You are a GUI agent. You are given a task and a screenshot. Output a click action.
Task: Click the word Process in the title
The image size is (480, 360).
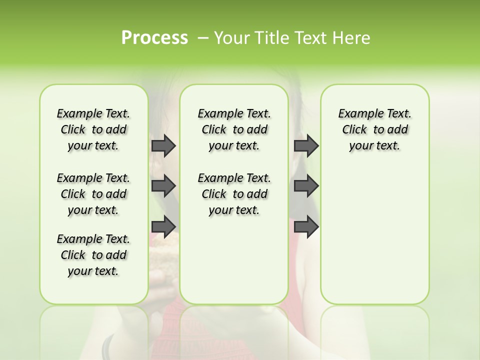point(154,37)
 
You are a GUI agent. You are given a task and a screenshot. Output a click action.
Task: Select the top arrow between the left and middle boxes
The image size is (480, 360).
point(163,145)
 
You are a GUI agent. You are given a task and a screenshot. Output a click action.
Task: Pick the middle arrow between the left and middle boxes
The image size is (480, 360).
point(163,186)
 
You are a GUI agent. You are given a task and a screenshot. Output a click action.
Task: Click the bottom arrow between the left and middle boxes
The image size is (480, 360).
point(163,226)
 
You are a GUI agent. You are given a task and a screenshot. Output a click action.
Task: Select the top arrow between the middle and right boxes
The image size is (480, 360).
point(306,145)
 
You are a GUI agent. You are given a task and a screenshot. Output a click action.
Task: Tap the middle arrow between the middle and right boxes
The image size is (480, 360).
point(306,186)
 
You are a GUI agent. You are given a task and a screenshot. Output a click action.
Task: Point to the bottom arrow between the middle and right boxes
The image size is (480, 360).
point(306,226)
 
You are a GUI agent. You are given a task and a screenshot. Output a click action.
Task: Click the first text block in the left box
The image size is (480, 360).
point(93,129)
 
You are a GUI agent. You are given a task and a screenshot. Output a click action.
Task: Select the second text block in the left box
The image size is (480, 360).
point(93,194)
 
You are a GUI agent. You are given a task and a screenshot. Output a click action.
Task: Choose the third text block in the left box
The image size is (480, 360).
point(93,255)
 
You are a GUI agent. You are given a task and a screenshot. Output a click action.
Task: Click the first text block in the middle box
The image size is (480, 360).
point(234,129)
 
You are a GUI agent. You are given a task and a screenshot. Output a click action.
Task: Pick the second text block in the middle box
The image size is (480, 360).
point(234,194)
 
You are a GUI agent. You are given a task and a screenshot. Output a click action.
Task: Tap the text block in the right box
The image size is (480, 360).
point(375,129)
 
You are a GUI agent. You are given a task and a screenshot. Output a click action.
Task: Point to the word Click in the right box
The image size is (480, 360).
point(354,130)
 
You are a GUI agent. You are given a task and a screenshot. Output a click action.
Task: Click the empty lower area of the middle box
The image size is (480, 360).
point(234,265)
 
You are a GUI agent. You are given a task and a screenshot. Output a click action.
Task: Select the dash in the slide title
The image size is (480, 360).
point(203,38)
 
